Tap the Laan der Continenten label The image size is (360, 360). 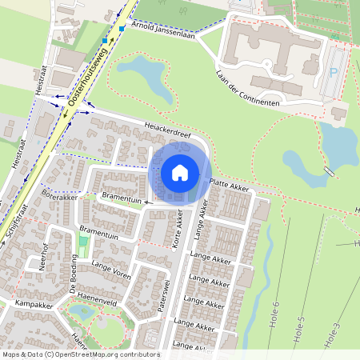[246, 89]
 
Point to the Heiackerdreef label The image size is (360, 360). [168, 130]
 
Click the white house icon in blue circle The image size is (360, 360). [180, 172]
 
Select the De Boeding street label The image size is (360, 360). [74, 276]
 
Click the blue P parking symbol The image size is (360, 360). [333, 72]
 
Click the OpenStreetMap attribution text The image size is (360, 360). [80, 354]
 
